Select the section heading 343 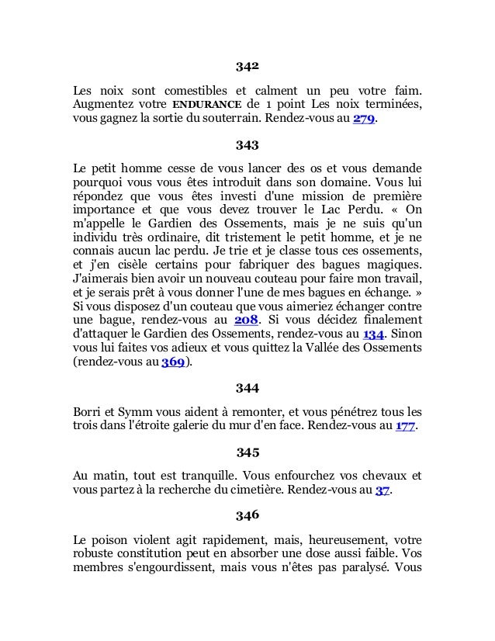click(x=247, y=145)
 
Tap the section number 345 click(x=247, y=452)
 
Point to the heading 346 click(x=247, y=514)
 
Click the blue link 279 click(x=364, y=120)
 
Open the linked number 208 click(x=247, y=320)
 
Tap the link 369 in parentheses click(x=174, y=363)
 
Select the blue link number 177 click(x=406, y=426)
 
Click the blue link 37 click(x=382, y=488)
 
